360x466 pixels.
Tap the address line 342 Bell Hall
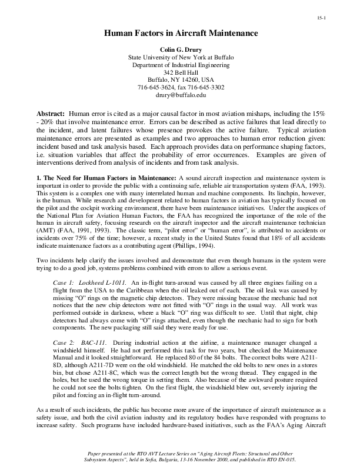click(x=180, y=72)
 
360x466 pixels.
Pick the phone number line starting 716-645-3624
click(x=180, y=87)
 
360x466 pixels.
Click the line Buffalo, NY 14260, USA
click(x=180, y=79)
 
